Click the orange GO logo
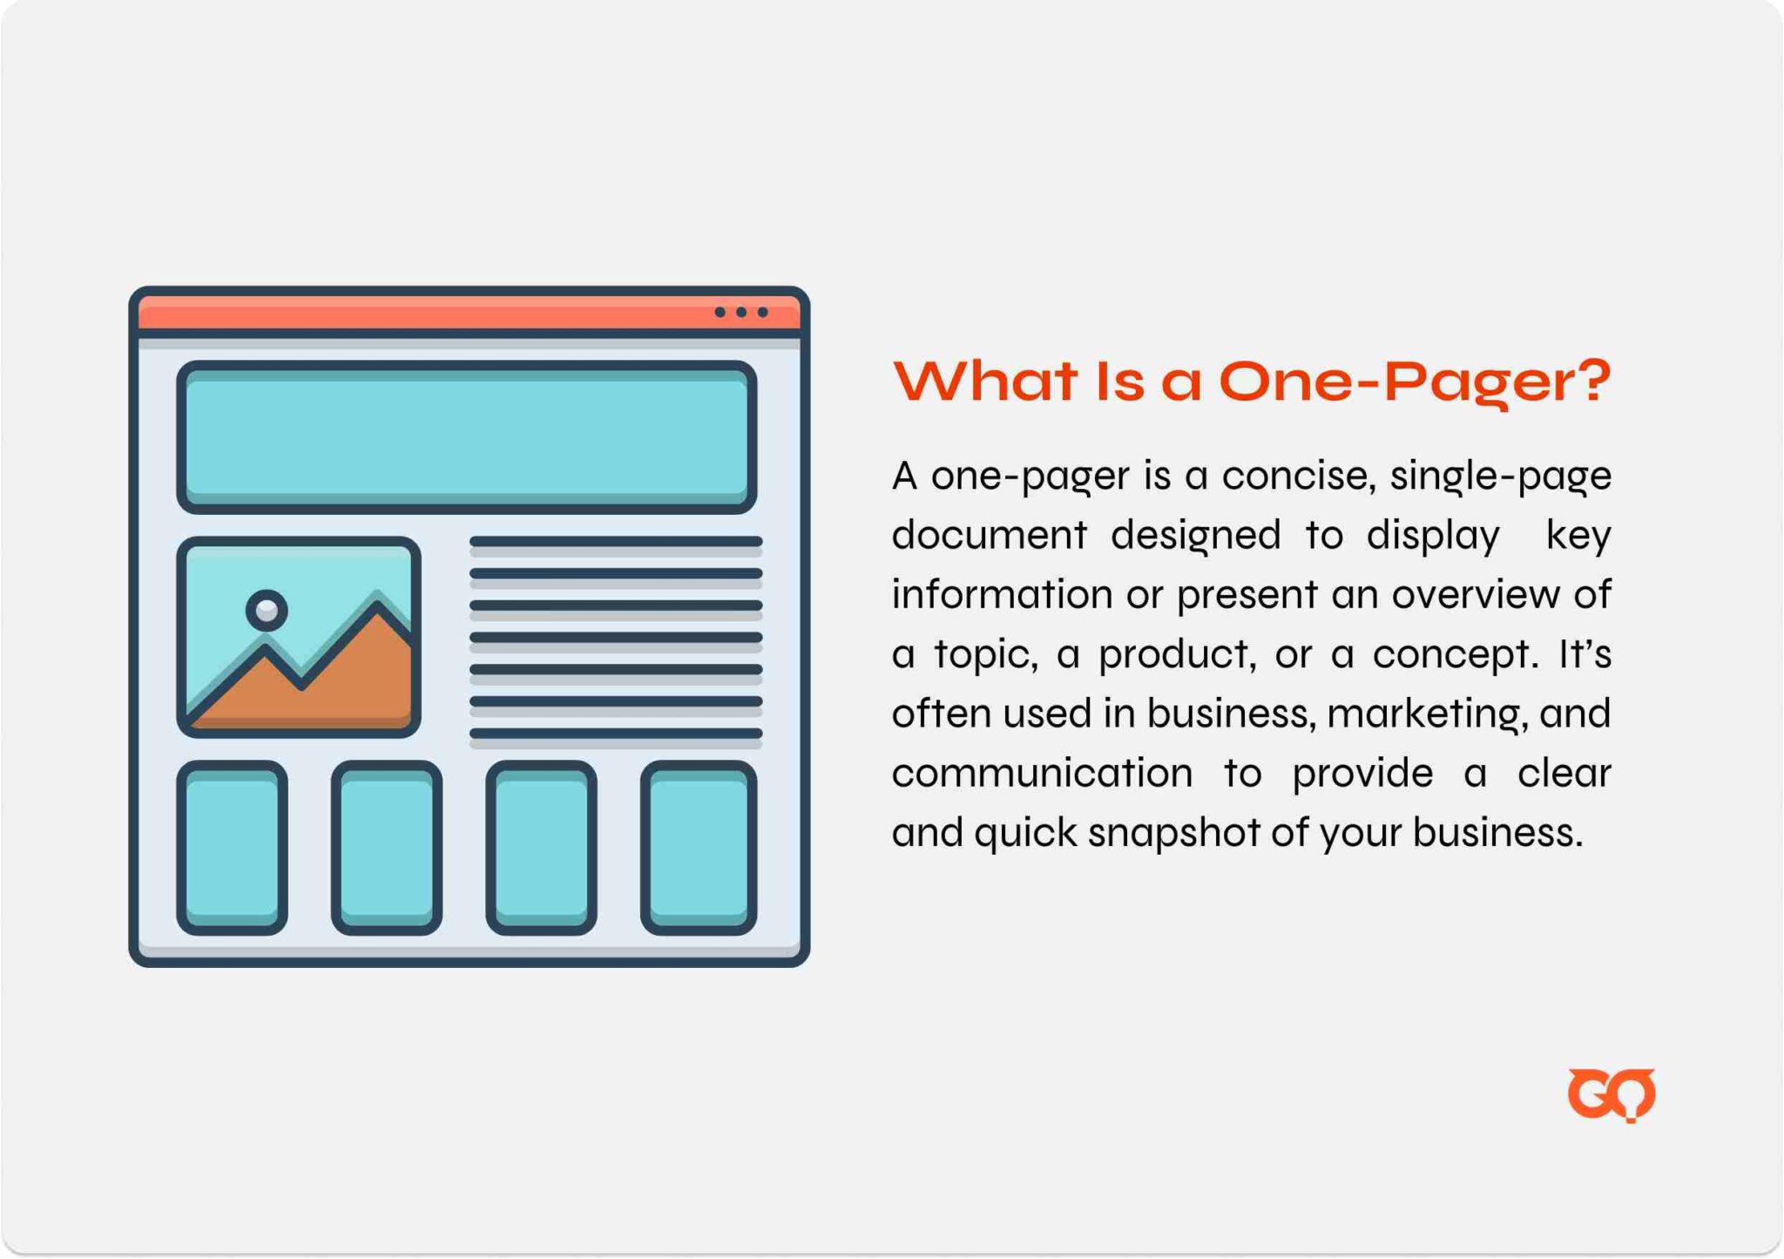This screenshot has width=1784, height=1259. pos(1611,1094)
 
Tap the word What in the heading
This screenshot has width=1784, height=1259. pos(984,381)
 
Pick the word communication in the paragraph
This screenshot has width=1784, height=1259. pos(1042,773)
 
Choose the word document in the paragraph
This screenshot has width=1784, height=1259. pos(990,534)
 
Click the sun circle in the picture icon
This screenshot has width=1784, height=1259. pos(267,610)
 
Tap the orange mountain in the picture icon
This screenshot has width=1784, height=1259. pos(301,673)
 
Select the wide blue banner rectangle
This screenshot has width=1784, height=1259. pos(467,437)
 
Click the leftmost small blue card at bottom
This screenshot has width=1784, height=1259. pos(232,848)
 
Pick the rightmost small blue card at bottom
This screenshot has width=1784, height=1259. pos(699,848)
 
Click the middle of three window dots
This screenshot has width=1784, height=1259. pos(741,312)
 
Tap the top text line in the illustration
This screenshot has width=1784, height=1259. pos(616,542)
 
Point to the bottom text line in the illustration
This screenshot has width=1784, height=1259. pos(616,734)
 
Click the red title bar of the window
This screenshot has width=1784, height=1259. pos(469,313)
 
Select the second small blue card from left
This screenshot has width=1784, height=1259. pos(387,848)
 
